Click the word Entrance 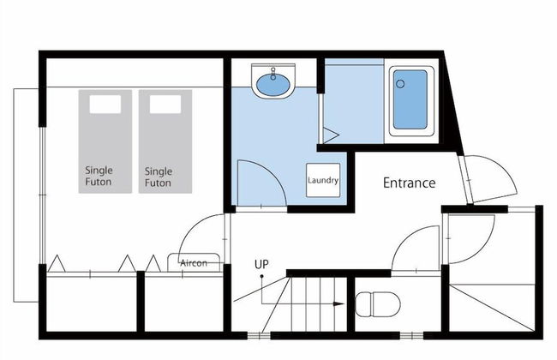tap(410, 183)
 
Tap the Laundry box tap(323, 180)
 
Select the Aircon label tap(194, 263)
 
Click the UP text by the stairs tap(261, 264)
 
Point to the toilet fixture tap(378, 304)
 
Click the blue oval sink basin tap(273, 85)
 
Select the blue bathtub tap(411, 99)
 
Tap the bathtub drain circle tap(400, 84)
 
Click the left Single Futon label tap(99, 176)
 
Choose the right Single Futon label tap(159, 177)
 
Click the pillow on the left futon tap(105, 105)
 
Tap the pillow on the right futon tap(165, 105)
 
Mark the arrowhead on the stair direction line tap(338, 303)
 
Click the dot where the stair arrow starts tap(262, 276)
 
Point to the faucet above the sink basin tap(273, 73)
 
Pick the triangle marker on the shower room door tap(331, 135)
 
